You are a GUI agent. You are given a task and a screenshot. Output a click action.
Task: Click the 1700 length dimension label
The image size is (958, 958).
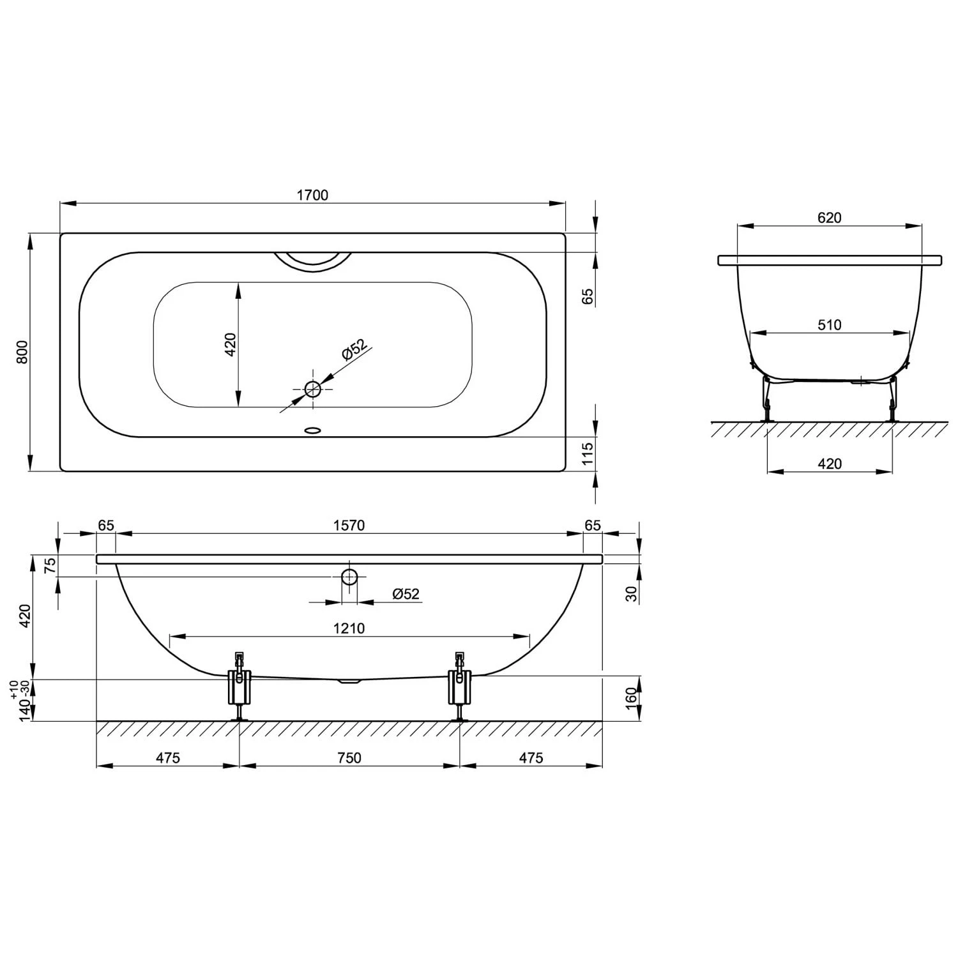(312, 195)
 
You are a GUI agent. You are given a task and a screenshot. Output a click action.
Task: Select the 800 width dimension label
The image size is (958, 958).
(22, 353)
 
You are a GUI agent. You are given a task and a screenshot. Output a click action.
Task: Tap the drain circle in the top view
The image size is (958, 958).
(312, 388)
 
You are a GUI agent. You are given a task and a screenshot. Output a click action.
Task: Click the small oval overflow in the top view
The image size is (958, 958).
(312, 430)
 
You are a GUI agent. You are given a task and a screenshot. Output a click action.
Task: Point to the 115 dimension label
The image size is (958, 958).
(588, 453)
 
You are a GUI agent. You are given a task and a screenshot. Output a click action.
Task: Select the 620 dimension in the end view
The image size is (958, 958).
(829, 218)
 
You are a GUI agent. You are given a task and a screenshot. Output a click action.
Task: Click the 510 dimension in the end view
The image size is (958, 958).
(829, 325)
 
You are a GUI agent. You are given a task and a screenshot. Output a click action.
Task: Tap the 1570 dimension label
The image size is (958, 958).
(349, 525)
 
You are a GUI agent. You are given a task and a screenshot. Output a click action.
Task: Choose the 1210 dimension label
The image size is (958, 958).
(349, 628)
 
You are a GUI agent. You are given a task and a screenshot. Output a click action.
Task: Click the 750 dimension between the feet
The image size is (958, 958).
(349, 757)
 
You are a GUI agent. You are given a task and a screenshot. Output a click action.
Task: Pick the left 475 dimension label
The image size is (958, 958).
(167, 757)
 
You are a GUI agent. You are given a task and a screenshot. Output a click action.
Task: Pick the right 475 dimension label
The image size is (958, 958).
(531, 757)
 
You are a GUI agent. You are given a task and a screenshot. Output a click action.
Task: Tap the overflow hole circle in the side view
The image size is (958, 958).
(349, 577)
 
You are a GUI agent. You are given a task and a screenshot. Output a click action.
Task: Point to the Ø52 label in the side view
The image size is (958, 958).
(406, 594)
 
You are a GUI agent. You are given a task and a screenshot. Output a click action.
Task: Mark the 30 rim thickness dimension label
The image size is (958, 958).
(631, 593)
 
